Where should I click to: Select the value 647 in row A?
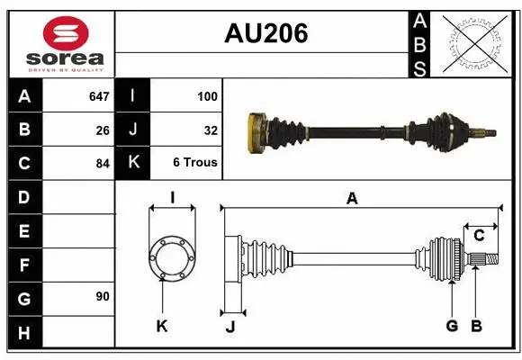[x=98, y=96]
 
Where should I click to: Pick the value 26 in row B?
[x=103, y=130]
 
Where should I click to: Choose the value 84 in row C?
[x=103, y=164]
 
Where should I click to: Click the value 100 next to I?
[x=206, y=96]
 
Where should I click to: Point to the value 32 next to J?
[x=211, y=130]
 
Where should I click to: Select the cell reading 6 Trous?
[x=194, y=163]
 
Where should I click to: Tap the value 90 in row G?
[x=103, y=297]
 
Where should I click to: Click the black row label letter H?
[x=24, y=333]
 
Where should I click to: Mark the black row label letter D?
[x=24, y=197]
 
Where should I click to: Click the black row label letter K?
[x=133, y=163]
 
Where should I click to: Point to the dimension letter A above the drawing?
[x=352, y=199]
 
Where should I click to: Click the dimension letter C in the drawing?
[x=480, y=236]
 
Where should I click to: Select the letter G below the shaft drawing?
[x=452, y=326]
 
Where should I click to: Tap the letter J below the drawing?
[x=229, y=327]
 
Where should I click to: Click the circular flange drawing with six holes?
[x=171, y=259]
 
